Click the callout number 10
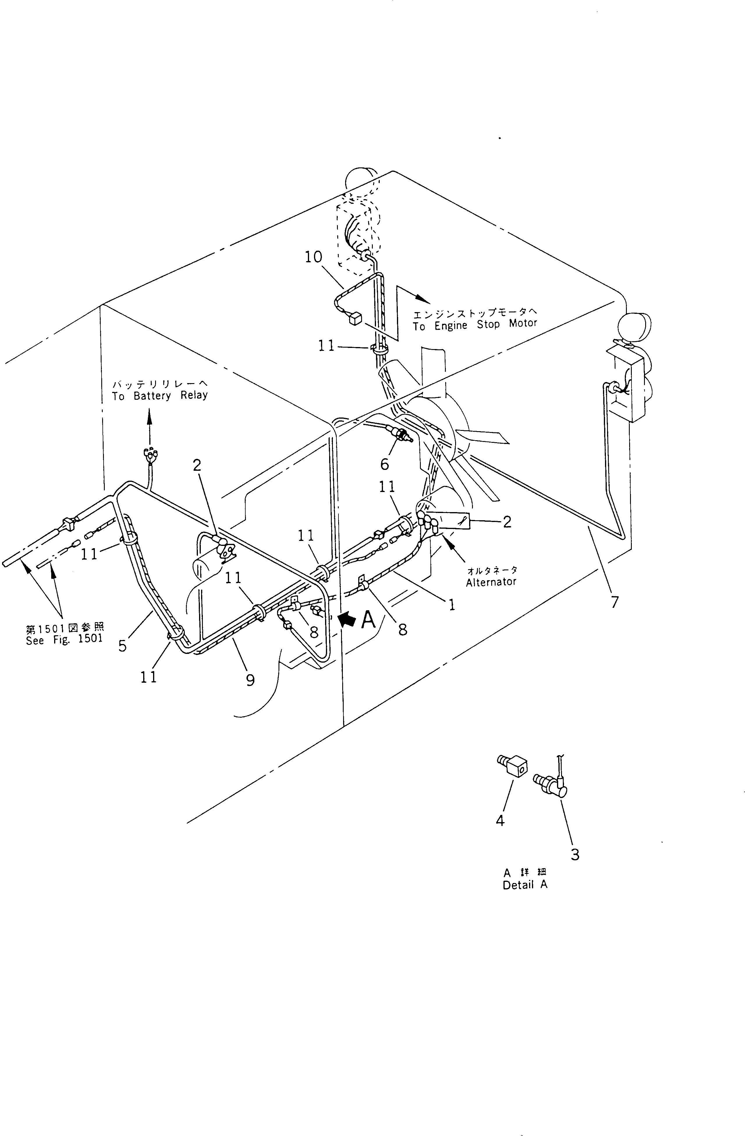[313, 257]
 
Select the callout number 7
[615, 602]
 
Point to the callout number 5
[123, 646]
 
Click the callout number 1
[451, 605]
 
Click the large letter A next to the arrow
[368, 620]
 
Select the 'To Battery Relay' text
[160, 396]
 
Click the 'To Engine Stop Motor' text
[475, 325]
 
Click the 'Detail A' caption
[525, 884]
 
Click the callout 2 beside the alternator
[507, 522]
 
